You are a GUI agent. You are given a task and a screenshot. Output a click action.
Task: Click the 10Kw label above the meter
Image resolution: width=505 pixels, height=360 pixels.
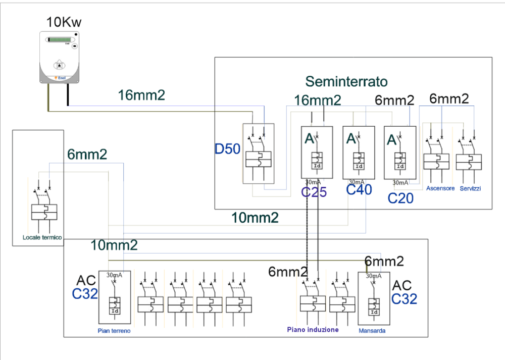click(64, 23)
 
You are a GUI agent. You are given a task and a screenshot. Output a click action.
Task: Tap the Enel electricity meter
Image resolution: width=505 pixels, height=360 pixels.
click(61, 57)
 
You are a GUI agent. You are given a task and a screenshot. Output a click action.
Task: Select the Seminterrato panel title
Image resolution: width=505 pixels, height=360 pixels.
click(346, 81)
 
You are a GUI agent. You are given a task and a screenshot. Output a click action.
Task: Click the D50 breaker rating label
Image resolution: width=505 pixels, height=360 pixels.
click(227, 150)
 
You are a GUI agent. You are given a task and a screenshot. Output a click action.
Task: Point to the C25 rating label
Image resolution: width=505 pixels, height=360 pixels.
click(314, 192)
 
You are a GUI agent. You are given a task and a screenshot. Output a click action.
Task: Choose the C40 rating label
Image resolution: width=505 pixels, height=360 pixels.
click(359, 190)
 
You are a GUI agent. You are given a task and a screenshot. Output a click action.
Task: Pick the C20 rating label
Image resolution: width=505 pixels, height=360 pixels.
click(400, 198)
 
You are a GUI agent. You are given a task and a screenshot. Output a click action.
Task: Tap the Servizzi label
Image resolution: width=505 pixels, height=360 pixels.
click(470, 189)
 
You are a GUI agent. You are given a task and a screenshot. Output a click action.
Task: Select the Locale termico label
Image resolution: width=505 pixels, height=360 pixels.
click(42, 237)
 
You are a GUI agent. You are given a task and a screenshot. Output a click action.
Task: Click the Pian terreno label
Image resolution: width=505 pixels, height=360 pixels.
click(114, 331)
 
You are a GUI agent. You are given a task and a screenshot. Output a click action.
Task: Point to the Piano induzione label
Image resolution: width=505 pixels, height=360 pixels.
click(313, 330)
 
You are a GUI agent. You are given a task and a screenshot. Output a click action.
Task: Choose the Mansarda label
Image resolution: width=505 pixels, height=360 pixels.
click(373, 331)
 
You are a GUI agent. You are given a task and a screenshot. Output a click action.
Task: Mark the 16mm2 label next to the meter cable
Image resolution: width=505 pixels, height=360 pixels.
click(141, 95)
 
